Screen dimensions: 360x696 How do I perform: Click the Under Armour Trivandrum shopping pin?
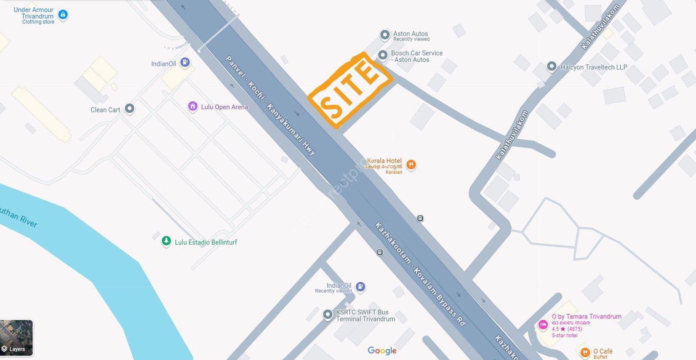pyautogui.click(x=63, y=15)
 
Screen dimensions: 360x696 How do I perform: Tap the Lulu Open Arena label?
pyautogui.click(x=224, y=107)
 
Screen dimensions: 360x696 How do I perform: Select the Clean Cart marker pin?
pyautogui.click(x=130, y=108)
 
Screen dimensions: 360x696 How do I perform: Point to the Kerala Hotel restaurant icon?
pyautogui.click(x=411, y=165)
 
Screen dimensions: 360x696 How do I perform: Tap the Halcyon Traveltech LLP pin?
pyautogui.click(x=552, y=67)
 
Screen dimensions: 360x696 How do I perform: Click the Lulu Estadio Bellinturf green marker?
pyautogui.click(x=166, y=241)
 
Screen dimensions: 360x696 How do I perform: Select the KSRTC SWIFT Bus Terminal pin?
pyautogui.click(x=328, y=314)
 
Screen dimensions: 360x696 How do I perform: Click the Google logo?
pyautogui.click(x=382, y=350)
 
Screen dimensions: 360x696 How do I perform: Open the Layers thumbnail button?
pyautogui.click(x=17, y=337)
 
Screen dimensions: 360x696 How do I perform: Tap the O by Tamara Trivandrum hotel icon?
pyautogui.click(x=543, y=324)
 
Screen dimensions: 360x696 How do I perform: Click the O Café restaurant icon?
pyautogui.click(x=585, y=352)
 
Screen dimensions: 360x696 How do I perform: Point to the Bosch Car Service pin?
pyautogui.click(x=383, y=55)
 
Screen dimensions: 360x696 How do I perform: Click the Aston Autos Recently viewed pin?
pyautogui.click(x=385, y=34)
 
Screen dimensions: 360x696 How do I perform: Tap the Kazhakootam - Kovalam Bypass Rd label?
pyautogui.click(x=420, y=274)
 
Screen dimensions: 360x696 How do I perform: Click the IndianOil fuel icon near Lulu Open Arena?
pyautogui.click(x=185, y=62)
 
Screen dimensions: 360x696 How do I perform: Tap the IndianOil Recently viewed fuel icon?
pyautogui.click(x=360, y=286)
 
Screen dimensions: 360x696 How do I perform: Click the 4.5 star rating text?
pyautogui.click(x=567, y=329)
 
